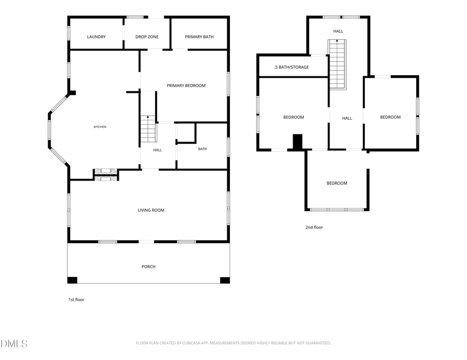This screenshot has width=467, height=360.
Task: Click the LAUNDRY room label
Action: tap(96, 37)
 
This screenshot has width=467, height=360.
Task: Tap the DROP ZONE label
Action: tap(147, 37)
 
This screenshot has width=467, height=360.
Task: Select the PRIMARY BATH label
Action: tap(199, 37)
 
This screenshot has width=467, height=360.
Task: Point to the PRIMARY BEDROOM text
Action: tap(186, 86)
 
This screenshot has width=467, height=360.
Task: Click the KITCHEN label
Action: tap(100, 127)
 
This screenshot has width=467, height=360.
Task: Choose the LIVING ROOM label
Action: tap(151, 210)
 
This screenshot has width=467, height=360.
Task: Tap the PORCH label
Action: tap(148, 267)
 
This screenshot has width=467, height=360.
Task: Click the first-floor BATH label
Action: tap(202, 149)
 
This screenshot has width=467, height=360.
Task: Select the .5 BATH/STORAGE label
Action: tap(292, 67)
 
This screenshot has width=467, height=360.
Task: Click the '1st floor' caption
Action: tap(76, 300)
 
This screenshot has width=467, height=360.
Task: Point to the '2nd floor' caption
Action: tap(314, 228)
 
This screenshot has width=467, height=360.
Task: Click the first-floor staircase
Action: tap(148, 129)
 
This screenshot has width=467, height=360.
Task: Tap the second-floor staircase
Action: tap(337, 64)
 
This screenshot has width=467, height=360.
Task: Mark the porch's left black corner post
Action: tap(72, 280)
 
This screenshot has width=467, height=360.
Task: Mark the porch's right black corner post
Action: tap(225, 280)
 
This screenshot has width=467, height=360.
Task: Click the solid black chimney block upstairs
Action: tap(298, 142)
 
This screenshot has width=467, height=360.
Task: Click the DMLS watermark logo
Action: tap(14, 344)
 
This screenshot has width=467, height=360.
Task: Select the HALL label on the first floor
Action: tap(158, 150)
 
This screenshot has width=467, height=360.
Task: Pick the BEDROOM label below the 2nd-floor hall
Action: tap(337, 184)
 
